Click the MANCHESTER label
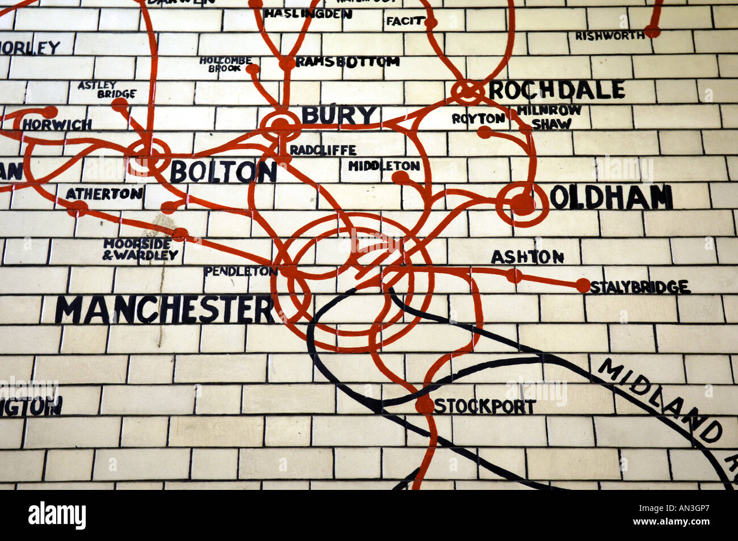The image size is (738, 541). click(x=165, y=310)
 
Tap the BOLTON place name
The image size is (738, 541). click(x=223, y=171)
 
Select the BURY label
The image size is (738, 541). click(x=339, y=115)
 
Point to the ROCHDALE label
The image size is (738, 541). click(x=556, y=90)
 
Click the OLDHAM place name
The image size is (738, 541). click(x=611, y=198)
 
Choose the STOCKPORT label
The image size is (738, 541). click(x=484, y=406)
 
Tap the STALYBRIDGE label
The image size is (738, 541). click(x=640, y=287)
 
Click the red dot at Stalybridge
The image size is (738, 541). click(x=582, y=286)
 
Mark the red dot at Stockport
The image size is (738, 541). click(x=424, y=405)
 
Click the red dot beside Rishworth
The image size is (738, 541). click(x=652, y=31)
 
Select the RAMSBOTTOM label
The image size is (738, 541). click(x=347, y=61)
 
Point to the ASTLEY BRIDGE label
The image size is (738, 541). click(x=107, y=89)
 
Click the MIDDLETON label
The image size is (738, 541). click(x=384, y=166)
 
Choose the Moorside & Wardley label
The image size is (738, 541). click(x=140, y=249)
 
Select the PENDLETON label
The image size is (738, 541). click(x=241, y=271)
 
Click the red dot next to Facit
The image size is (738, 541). click(x=431, y=23)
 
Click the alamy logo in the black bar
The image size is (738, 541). click(x=57, y=515)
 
